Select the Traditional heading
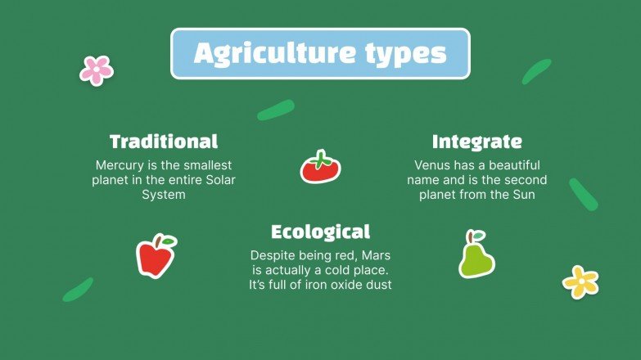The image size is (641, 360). click(164, 141)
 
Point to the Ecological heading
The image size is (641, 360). click(320, 232)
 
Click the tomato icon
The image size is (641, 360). click(320, 167)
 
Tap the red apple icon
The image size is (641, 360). click(155, 256)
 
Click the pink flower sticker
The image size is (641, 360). click(96, 70)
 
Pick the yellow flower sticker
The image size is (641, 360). click(580, 281)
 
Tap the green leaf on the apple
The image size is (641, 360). click(168, 241)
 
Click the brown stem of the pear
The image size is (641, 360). click(471, 236)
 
